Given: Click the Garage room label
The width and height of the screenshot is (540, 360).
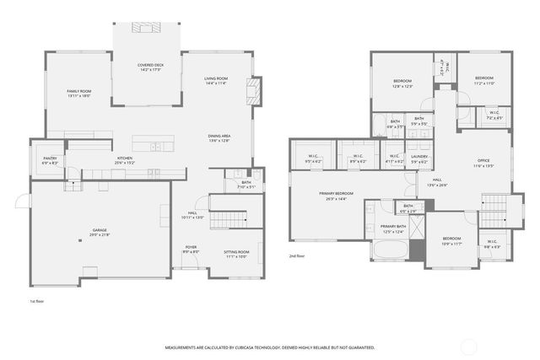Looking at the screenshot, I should pos(100,232).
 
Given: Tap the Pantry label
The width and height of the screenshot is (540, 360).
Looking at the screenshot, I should pos(51,160).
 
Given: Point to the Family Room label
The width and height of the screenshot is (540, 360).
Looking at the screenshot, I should pos(79,93).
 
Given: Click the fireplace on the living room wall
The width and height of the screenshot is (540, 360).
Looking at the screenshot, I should pos(251,90).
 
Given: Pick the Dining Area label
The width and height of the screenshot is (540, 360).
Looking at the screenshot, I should pos(219,138).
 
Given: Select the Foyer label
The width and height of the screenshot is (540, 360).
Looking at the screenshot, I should pos(192,249).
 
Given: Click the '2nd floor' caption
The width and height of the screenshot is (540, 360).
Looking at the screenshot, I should pos(297,255).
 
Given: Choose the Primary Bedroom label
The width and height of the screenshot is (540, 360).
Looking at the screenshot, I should pos(336,196).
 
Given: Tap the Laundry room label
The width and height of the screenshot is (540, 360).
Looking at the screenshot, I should pos(419,158).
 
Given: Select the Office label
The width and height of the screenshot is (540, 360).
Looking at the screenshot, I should pos(483,163).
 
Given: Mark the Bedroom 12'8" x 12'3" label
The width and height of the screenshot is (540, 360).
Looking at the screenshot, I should pos(402,83).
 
